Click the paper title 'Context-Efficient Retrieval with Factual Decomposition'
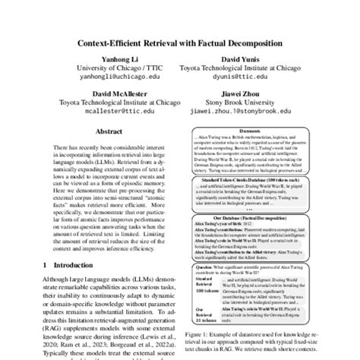(x=180, y=43)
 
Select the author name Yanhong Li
(x=103, y=57)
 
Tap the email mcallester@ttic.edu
(x=103, y=109)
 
